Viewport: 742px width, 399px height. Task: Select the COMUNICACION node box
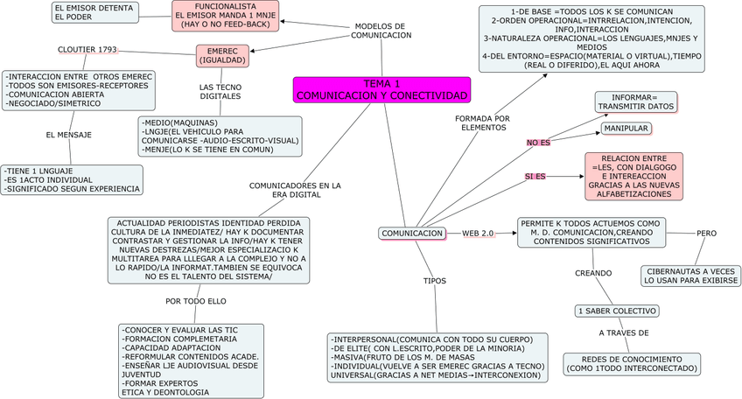(412, 234)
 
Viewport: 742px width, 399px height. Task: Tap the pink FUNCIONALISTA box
(225, 17)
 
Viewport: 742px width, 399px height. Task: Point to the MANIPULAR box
(626, 129)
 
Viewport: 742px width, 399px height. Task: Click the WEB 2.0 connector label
(478, 234)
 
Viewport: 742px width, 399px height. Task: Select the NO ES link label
(538, 142)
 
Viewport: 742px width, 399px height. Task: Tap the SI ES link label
(535, 177)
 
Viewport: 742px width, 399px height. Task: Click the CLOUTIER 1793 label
(87, 50)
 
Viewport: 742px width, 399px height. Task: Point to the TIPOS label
(434, 282)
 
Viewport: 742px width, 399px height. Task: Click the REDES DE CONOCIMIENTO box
(630, 364)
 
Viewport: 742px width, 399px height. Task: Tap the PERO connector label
(707, 234)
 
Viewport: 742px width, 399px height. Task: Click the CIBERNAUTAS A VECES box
(689, 276)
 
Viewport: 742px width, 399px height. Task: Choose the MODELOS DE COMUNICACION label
(381, 31)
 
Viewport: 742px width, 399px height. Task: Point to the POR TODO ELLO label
(195, 302)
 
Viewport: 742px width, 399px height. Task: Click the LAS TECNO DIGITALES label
(220, 93)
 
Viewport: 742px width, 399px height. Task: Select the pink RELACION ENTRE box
(634, 175)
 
